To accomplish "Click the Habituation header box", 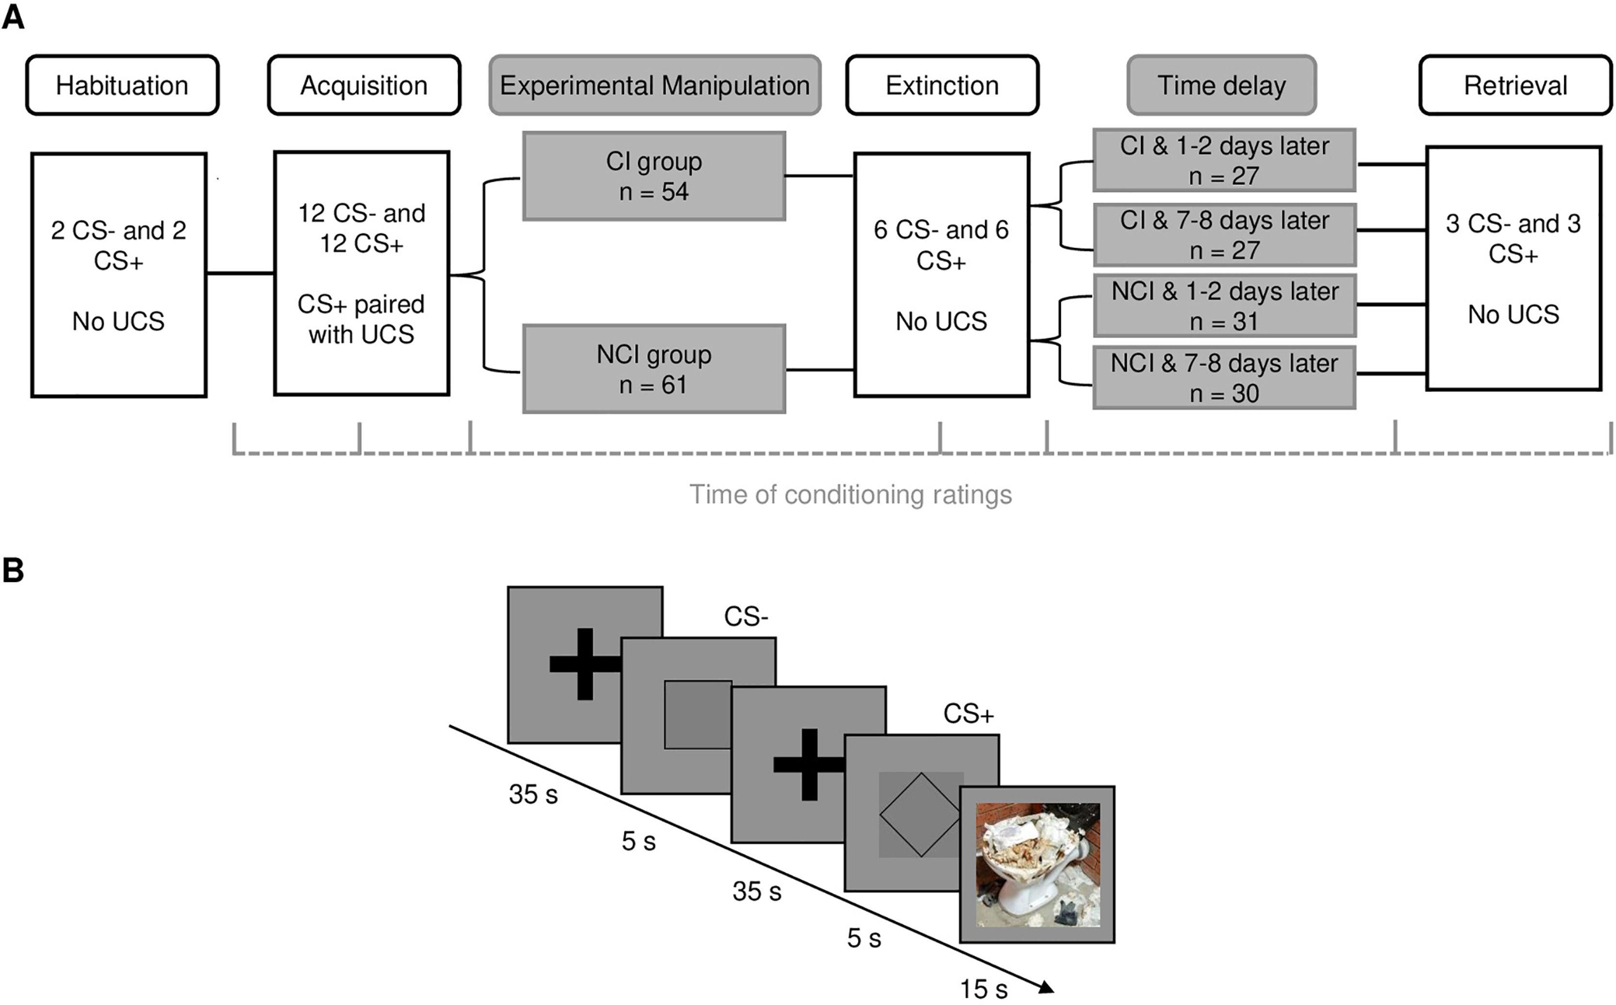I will (x=122, y=86).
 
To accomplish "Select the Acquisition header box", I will (x=364, y=86).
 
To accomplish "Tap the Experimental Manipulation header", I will (x=655, y=86).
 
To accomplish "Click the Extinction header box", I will (x=942, y=86).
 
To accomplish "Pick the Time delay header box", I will (x=1221, y=86).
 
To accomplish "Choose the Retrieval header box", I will (x=1515, y=86).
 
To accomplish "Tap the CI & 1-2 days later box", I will (x=1224, y=160).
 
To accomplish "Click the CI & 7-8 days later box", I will (x=1224, y=235).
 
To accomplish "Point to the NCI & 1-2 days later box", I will (x=1224, y=306).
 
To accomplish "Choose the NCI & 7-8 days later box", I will (x=1224, y=377).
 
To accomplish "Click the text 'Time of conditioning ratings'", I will (x=850, y=495).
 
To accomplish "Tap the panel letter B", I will (x=13, y=570).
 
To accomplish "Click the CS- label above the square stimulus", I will (x=746, y=617).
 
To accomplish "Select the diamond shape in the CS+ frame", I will (x=920, y=814).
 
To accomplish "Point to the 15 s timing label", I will (x=983, y=989).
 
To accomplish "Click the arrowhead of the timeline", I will (x=1045, y=987).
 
